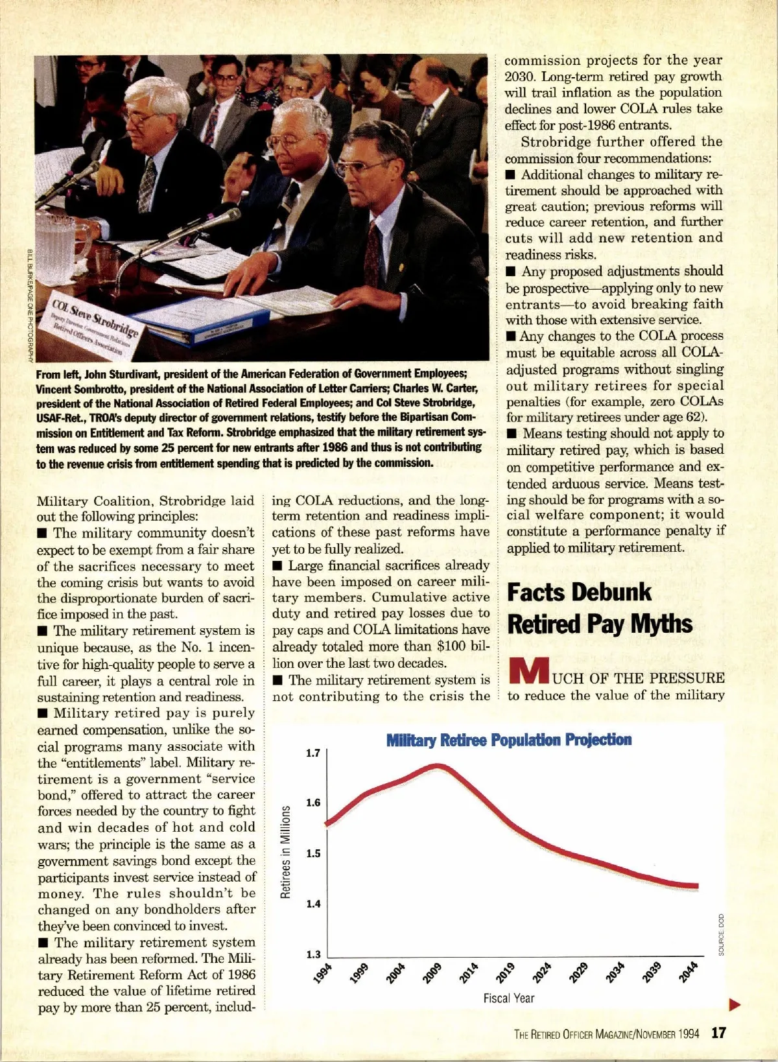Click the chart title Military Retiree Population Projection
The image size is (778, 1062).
coord(508,740)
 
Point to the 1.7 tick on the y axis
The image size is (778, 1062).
coord(313,753)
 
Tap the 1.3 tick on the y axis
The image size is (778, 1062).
coord(313,954)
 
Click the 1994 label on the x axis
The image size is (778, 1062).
coord(322,973)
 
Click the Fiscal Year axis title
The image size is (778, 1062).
coord(508,998)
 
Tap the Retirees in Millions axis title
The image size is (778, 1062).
coord(285,852)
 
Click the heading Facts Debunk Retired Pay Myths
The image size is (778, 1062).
coord(600,608)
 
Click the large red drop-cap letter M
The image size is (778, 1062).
coord(528,672)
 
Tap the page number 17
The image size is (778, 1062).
coord(718,1033)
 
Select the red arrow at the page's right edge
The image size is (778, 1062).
coord(735,1005)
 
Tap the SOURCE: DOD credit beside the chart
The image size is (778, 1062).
coord(721,934)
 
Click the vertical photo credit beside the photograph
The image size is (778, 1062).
coord(30,305)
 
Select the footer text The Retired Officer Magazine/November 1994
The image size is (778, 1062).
coord(606,1034)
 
